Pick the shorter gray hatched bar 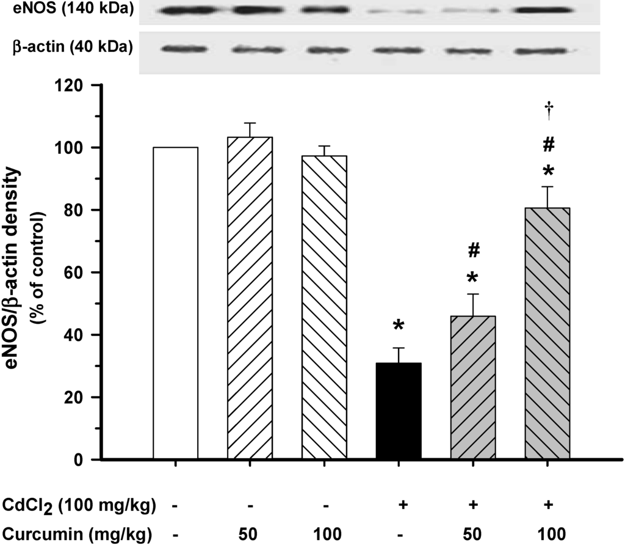click(x=473, y=387)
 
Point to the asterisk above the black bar click(x=399, y=326)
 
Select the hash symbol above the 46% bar click(x=473, y=251)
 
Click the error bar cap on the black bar click(x=399, y=348)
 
